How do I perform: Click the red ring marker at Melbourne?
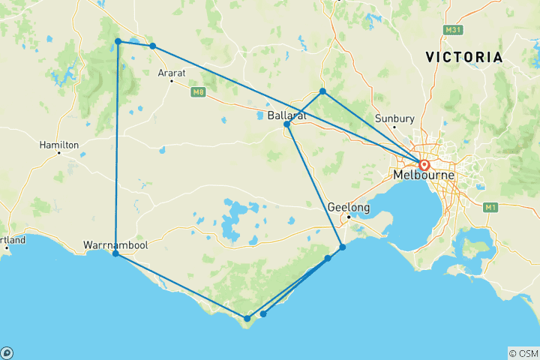point(424,165)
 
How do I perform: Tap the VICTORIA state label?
point(463,57)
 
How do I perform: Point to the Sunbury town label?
point(394,118)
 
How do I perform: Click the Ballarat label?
point(286,115)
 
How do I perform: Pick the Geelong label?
point(348,207)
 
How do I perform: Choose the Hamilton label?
point(60,143)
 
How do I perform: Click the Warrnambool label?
point(112,244)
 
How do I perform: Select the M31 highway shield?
point(451,30)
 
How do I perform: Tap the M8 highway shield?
point(198,92)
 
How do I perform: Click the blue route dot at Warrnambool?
point(115,254)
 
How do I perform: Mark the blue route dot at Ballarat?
point(287,124)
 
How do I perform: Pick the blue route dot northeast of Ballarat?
point(322,91)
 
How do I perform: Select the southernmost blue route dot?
point(247,319)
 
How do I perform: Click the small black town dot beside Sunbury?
point(394,127)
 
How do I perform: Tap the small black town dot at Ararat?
point(172,80)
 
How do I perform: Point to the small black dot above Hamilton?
point(59,153)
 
